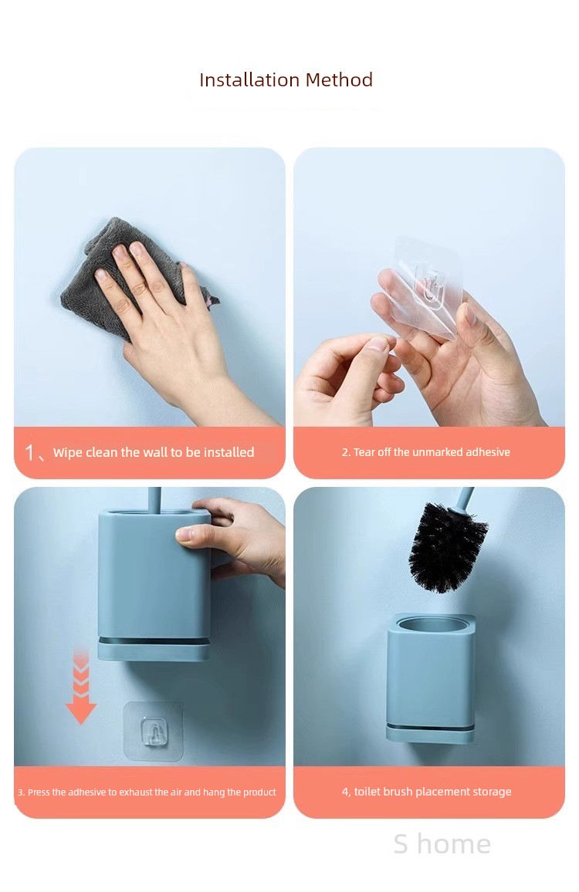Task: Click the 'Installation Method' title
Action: (x=286, y=79)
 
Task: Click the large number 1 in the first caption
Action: (x=29, y=453)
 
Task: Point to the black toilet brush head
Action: (x=447, y=546)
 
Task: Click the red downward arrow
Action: (x=81, y=688)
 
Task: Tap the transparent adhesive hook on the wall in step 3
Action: (x=154, y=731)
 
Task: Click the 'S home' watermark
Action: (x=442, y=843)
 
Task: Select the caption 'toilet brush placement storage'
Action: (x=432, y=792)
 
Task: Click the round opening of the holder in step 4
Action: (x=431, y=625)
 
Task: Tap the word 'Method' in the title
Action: (x=339, y=79)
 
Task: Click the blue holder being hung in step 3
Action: (x=154, y=585)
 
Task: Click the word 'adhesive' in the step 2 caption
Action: (x=488, y=452)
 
